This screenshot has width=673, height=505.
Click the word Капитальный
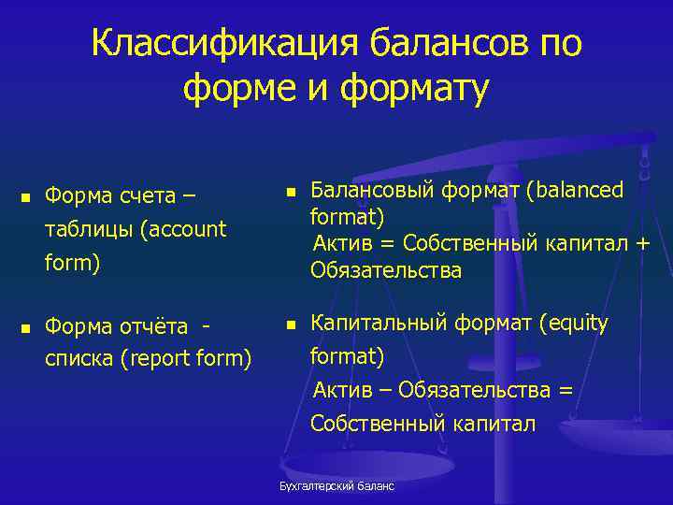[381, 324]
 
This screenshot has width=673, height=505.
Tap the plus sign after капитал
[641, 245]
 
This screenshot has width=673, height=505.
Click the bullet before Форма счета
[25, 197]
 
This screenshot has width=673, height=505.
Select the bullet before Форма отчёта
[25, 328]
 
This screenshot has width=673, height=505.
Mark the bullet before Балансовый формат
[291, 192]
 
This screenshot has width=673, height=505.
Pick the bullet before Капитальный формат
[291, 325]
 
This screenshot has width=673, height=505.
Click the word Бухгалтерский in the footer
[313, 486]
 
